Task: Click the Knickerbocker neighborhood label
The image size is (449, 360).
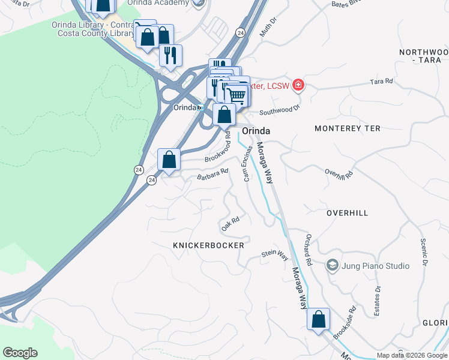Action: pyautogui.click(x=208, y=245)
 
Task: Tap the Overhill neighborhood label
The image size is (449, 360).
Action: pyautogui.click(x=347, y=213)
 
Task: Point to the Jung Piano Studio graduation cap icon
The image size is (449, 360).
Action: pyautogui.click(x=331, y=265)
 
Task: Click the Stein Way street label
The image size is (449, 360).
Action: pyautogui.click(x=275, y=254)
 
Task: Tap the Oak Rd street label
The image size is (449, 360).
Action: pyautogui.click(x=231, y=224)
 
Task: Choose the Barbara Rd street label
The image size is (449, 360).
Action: pyautogui.click(x=213, y=173)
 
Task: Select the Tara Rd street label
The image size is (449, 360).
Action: pyautogui.click(x=381, y=81)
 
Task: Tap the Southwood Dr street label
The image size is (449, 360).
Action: pyautogui.click(x=279, y=110)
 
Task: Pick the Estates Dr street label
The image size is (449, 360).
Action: pyautogui.click(x=378, y=298)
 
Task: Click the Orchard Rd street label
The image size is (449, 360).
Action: pyautogui.click(x=309, y=250)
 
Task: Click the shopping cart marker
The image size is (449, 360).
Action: pyautogui.click(x=237, y=95)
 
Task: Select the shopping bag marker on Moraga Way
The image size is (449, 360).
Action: pyautogui.click(x=318, y=319)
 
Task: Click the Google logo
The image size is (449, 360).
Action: pyautogui.click(x=20, y=353)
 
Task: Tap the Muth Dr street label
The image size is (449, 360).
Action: pyautogui.click(x=268, y=28)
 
